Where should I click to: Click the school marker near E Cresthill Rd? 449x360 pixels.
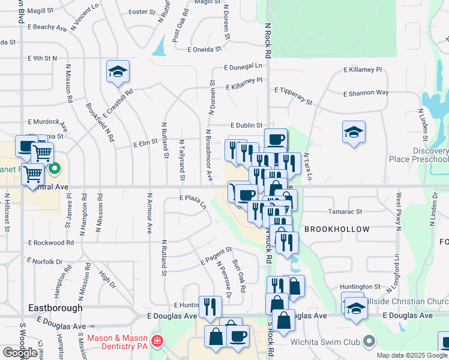click(x=118, y=72)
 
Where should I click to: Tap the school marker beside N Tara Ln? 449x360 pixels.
click(x=354, y=132)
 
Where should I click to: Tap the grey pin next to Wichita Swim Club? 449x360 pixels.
click(x=369, y=341)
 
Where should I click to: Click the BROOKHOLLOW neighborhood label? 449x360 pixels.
click(x=337, y=230)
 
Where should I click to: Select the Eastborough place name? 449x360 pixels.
click(x=55, y=308)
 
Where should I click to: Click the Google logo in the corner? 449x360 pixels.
click(x=20, y=353)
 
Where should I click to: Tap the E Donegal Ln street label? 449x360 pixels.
click(x=243, y=67)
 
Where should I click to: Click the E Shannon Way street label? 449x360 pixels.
click(x=366, y=93)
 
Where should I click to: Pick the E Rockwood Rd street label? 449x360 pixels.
click(x=50, y=243)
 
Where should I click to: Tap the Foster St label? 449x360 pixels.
click(x=142, y=12)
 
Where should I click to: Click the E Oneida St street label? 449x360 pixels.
click(x=209, y=50)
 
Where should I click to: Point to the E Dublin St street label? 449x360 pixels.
click(x=247, y=125)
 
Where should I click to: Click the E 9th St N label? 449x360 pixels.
click(x=42, y=58)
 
